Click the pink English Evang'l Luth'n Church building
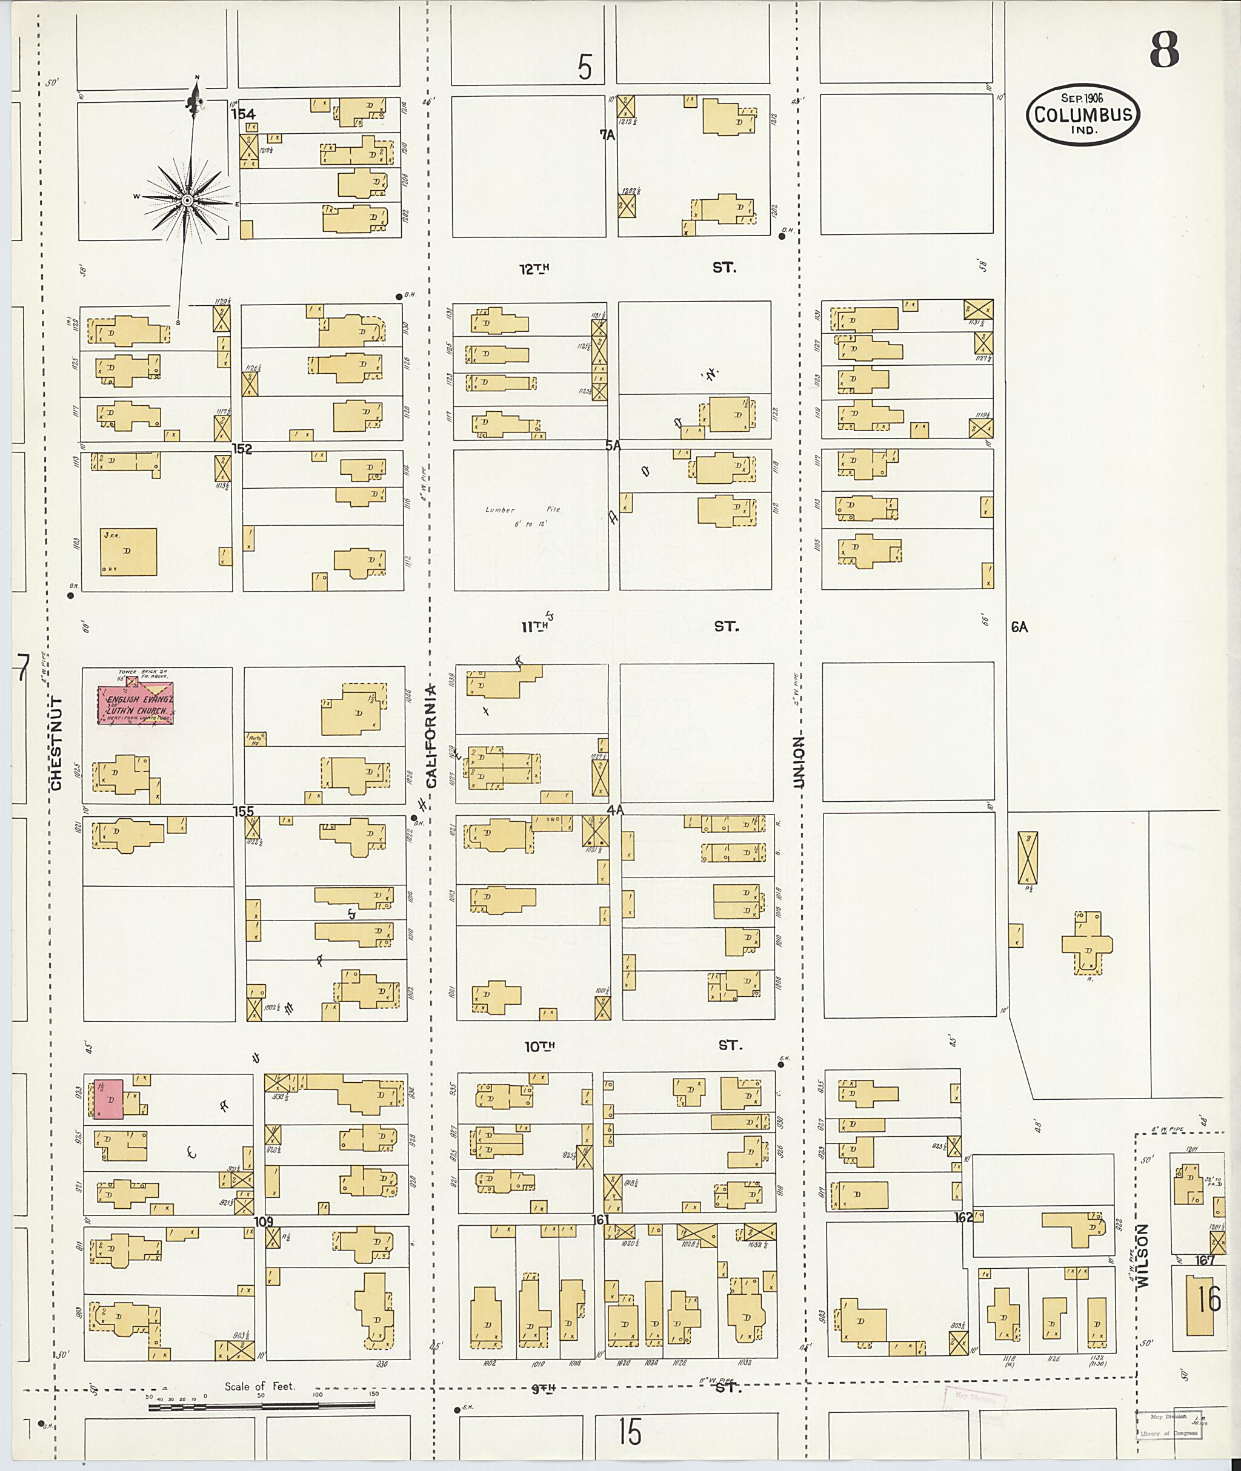pyautogui.click(x=135, y=703)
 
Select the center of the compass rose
pyautogui.click(x=187, y=201)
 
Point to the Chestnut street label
pyautogui.click(x=58, y=743)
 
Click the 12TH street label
pyautogui.click(x=534, y=268)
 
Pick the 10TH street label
pyautogui.click(x=539, y=1046)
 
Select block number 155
pyautogui.click(x=244, y=812)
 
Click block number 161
pyautogui.click(x=600, y=1220)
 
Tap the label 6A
pyautogui.click(x=1019, y=627)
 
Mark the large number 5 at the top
pyautogui.click(x=585, y=67)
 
